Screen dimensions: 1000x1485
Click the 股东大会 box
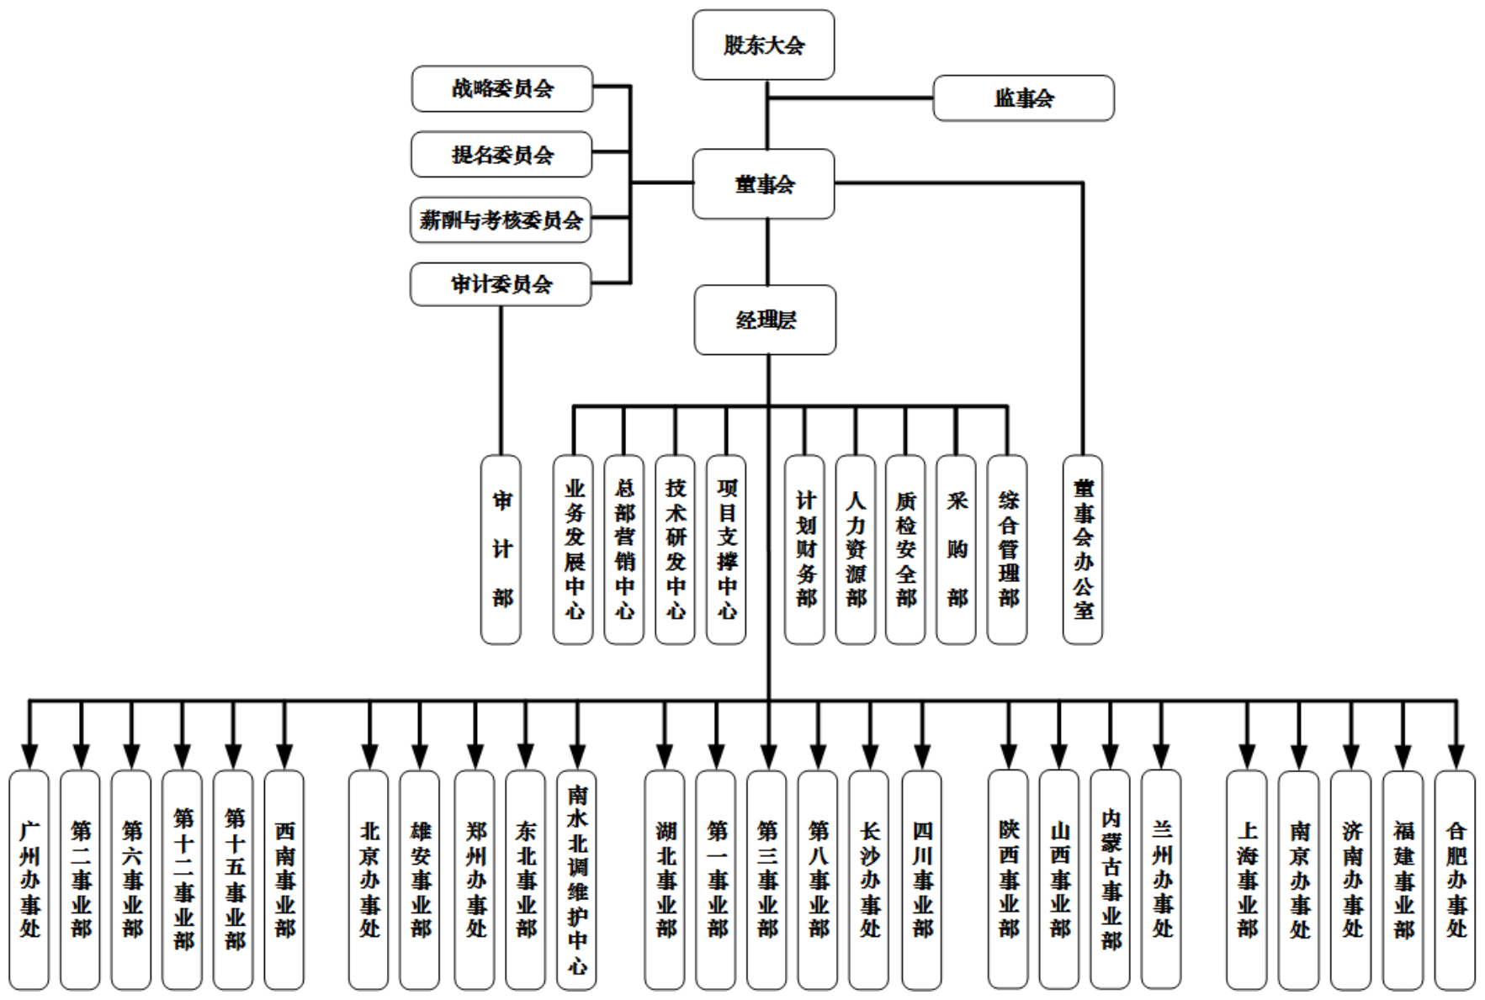[x=763, y=45]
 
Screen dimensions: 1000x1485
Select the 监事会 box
[x=1023, y=98]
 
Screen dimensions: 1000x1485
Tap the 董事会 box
[x=763, y=184]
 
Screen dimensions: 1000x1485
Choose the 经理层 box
[x=765, y=320]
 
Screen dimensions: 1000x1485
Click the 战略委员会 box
[x=501, y=88]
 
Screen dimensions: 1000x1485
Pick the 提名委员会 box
[x=501, y=155]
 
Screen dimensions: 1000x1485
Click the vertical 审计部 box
[x=501, y=550]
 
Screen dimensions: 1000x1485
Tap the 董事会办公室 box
[x=1083, y=550]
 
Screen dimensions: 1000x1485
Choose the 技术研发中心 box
[x=675, y=550]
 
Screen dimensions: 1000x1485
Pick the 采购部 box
[x=957, y=550]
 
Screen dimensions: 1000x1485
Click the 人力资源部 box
[x=856, y=550]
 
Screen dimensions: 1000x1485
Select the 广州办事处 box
[x=29, y=880]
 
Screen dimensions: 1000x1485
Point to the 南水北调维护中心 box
[x=577, y=880]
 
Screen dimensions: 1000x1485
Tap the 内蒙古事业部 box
[x=1111, y=880]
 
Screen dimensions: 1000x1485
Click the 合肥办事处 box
[x=1456, y=880]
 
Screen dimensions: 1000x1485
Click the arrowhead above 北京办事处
[x=369, y=756]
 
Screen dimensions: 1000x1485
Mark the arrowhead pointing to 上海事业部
[x=1247, y=756]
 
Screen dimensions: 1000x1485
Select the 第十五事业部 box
[x=234, y=880]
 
